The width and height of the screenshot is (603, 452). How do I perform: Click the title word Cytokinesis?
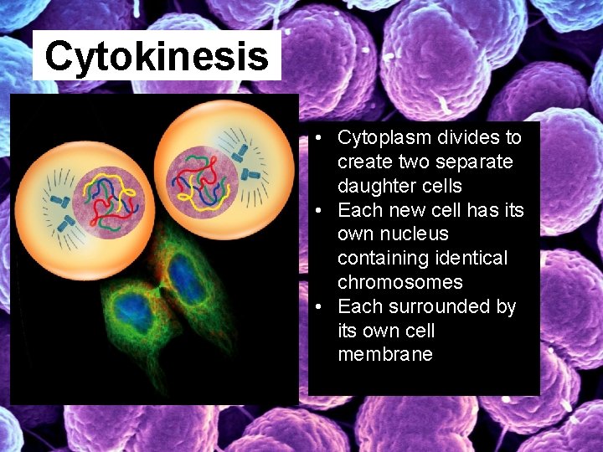pyautogui.click(x=157, y=57)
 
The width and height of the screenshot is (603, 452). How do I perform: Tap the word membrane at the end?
pyautogui.click(x=385, y=354)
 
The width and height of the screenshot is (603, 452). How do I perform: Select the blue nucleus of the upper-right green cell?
pyautogui.click(x=185, y=278)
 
